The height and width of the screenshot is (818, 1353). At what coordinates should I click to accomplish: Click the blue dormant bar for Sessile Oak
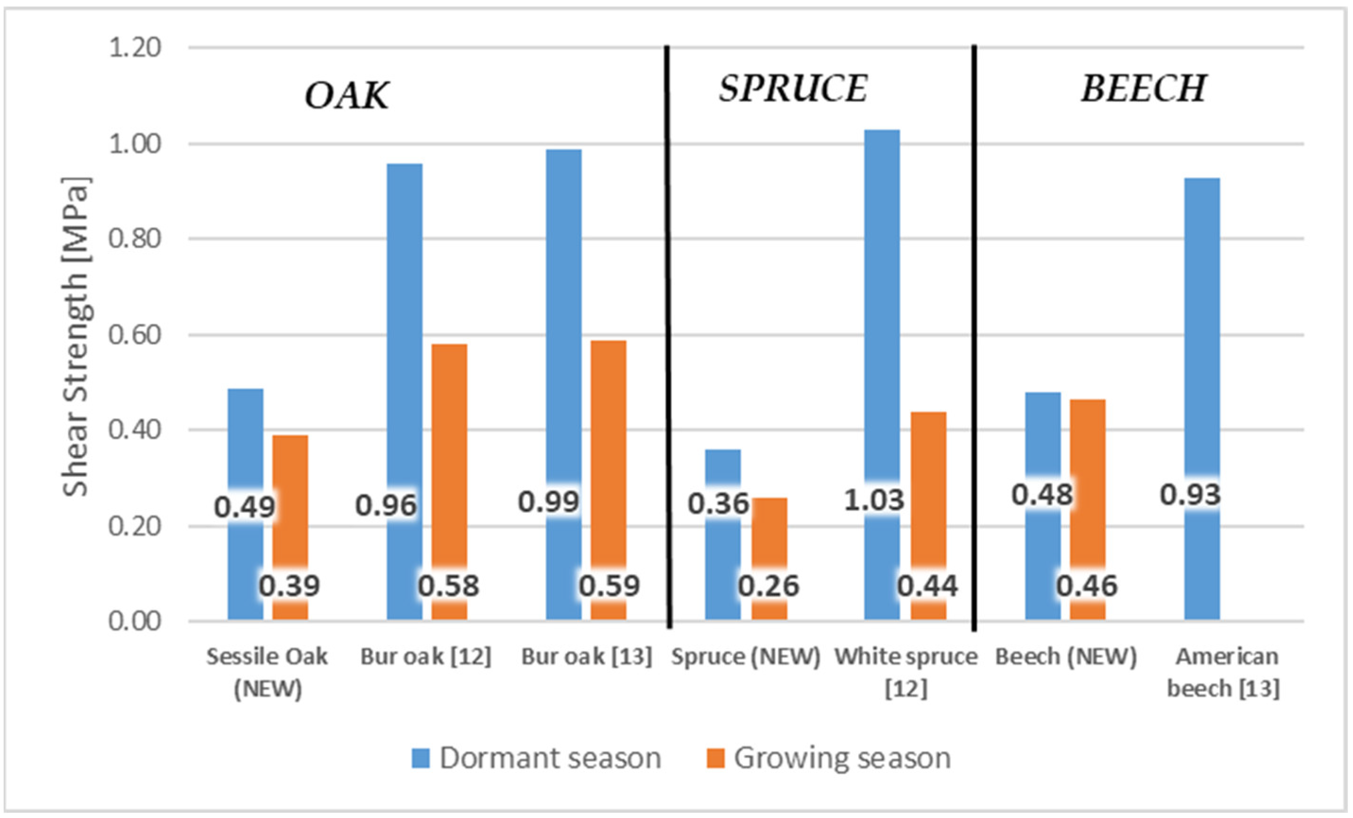[245, 439]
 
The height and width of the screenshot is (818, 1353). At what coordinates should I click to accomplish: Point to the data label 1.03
[874, 500]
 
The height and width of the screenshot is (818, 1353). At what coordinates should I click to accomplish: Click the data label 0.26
[768, 586]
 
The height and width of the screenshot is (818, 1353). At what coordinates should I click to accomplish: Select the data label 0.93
[1190, 495]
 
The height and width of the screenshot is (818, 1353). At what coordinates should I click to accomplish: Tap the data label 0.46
[1086, 586]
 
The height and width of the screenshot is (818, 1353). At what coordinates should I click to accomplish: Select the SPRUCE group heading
[793, 88]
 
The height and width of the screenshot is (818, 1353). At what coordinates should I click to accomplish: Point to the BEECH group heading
[1144, 88]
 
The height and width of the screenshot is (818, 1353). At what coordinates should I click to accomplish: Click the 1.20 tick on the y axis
[135, 48]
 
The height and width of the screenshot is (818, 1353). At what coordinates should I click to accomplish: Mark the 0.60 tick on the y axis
[135, 335]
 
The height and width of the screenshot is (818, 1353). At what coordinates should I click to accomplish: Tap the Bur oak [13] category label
[586, 656]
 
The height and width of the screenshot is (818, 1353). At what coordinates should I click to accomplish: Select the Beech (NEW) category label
[1066, 656]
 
